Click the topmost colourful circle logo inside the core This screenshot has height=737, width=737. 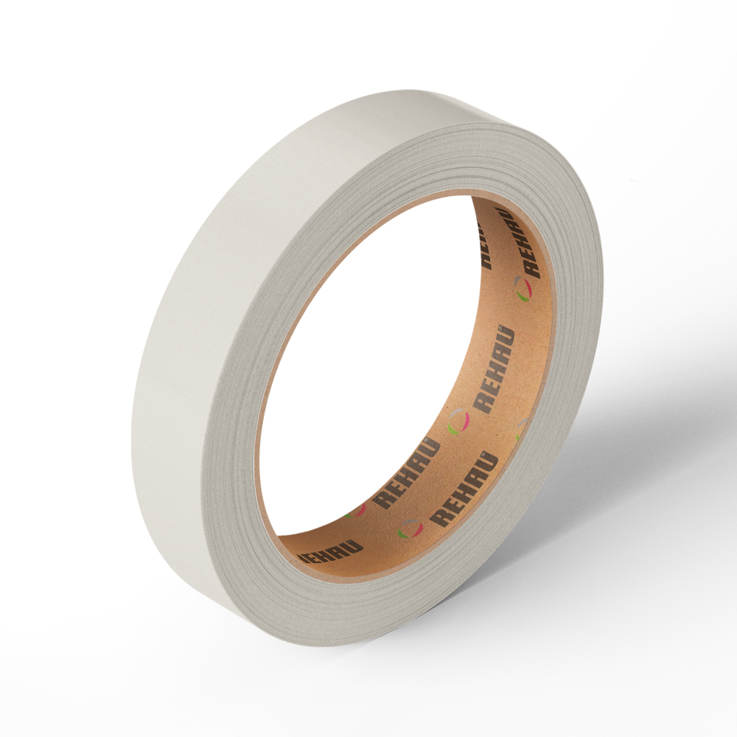pyautogui.click(x=523, y=288)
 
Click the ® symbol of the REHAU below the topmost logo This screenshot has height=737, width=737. pyautogui.click(x=500, y=326)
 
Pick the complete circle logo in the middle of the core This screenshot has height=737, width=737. pyautogui.click(x=458, y=421)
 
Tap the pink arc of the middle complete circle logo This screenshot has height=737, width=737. pyautogui.click(x=464, y=422)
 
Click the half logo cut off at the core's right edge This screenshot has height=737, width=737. pyautogui.click(x=521, y=429)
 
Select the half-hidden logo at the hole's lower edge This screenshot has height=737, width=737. pyautogui.click(x=356, y=511)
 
